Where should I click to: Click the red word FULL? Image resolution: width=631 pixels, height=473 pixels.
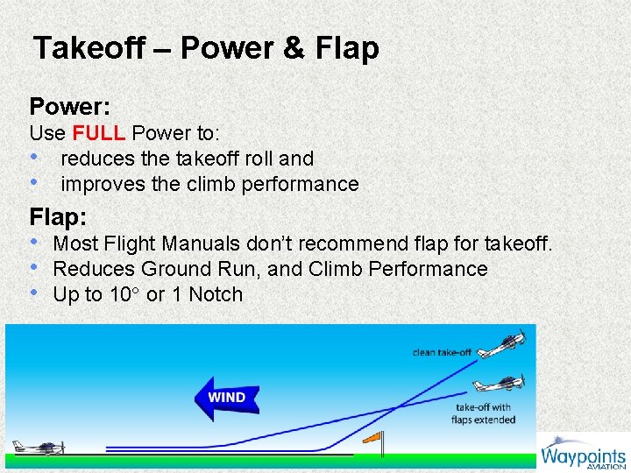coord(99,133)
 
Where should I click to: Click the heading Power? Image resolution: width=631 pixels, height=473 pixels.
coord(69,107)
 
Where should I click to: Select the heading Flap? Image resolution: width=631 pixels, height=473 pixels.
coord(60,215)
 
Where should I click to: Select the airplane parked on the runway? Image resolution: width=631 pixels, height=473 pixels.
coord(39,447)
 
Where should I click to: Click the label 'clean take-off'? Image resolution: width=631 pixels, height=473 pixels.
coord(442,352)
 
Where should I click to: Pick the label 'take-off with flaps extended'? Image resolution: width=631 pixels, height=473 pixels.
coord(485,413)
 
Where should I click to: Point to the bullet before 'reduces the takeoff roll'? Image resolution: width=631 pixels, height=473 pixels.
coord(34,159)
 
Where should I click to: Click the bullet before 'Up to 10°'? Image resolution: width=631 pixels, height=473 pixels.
coord(34,294)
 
